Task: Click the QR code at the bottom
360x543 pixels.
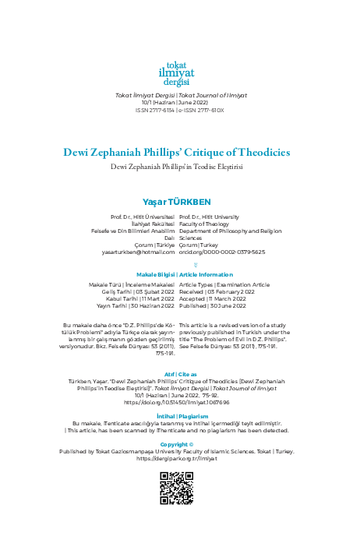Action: click(179, 510)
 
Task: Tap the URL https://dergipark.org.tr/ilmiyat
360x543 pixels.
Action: click(179, 481)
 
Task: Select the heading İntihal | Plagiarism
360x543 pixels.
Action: click(179, 415)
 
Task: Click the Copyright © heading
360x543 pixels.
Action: click(179, 466)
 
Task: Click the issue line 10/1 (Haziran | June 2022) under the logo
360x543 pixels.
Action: click(179, 102)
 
